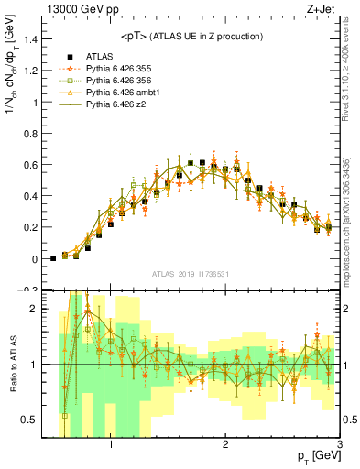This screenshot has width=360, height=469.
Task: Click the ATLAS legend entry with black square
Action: [x=101, y=56]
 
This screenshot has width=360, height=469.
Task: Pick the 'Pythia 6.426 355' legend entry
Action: [x=116, y=69]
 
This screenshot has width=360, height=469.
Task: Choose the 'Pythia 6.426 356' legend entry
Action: [x=116, y=82]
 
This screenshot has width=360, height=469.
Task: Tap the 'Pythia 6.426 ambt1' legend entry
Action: [x=120, y=93]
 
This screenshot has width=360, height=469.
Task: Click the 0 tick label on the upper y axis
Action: [x=34, y=259]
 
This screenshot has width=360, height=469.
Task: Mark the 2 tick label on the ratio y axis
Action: [x=34, y=309]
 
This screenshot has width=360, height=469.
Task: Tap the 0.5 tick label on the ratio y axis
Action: [x=29, y=420]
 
